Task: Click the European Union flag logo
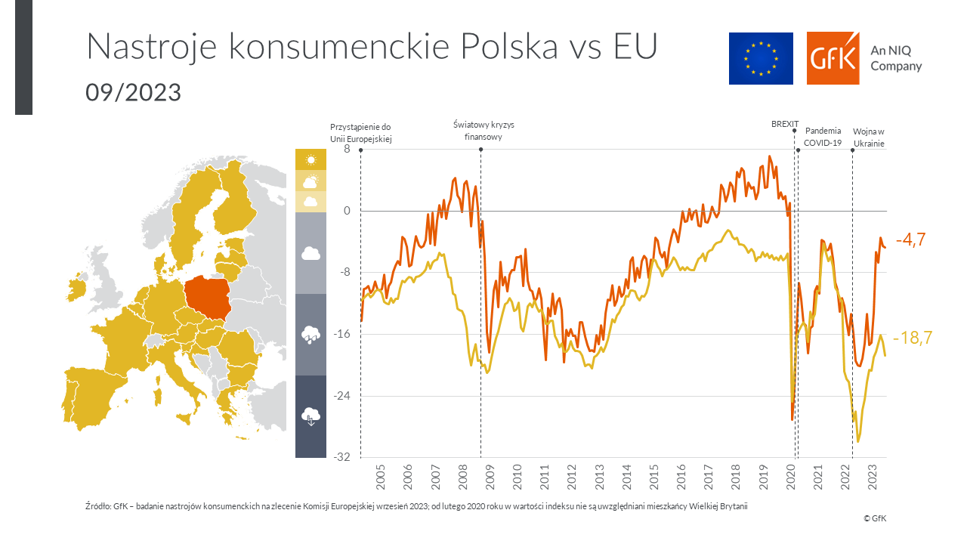(761, 58)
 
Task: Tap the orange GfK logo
(833, 58)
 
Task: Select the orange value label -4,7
(910, 240)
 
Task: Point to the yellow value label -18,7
(913, 338)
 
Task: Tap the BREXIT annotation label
(784, 124)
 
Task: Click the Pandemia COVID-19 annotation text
(823, 137)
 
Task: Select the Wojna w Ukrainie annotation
(869, 137)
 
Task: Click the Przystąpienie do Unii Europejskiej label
(361, 132)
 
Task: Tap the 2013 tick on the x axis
(599, 478)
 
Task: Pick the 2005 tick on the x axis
(380, 478)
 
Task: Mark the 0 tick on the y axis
(347, 211)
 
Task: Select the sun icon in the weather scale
(310, 159)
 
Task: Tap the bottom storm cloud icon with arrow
(310, 416)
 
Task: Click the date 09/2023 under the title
(133, 92)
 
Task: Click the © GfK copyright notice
(875, 518)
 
